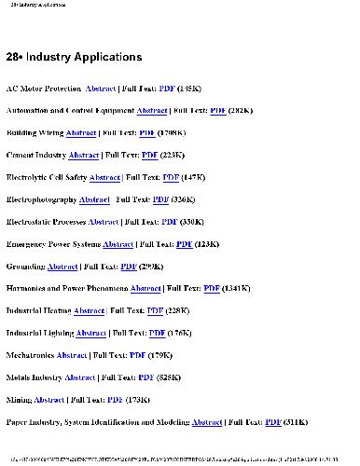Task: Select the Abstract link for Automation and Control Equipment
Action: (x=152, y=111)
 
